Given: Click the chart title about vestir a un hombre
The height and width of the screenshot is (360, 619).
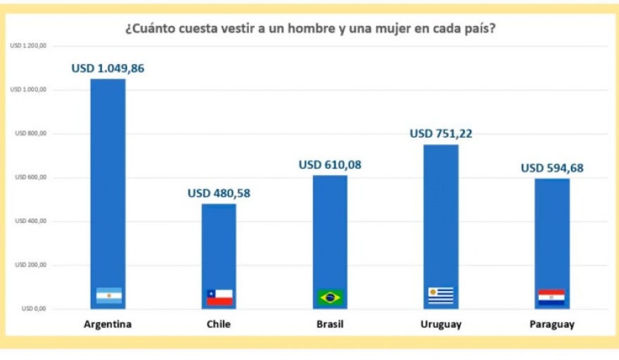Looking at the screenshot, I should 309,30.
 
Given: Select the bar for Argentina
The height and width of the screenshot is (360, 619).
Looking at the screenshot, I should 108,183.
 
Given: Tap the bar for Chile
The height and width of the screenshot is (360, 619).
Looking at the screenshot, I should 219,246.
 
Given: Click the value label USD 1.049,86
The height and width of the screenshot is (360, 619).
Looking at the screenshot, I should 108,69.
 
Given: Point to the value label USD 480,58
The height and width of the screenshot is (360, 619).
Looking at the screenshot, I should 219,193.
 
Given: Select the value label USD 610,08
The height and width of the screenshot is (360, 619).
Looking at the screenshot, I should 330,165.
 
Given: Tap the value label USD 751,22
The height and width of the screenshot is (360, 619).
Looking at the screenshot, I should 440,134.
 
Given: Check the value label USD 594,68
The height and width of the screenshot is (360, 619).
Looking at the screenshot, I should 551,168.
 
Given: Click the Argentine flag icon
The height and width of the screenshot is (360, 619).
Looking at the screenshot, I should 109,296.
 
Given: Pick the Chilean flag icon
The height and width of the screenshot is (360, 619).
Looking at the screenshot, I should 219,297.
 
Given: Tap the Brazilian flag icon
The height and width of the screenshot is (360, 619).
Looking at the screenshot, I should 330,297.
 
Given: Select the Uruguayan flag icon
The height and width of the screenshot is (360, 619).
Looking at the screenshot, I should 441,296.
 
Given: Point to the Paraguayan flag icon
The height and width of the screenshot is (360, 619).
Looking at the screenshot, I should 551,297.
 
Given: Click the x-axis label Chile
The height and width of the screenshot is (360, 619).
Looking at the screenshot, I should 219,325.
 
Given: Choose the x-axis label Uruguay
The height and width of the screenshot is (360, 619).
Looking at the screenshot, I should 440,325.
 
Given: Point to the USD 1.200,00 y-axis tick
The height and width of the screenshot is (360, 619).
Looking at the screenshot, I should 29,46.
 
